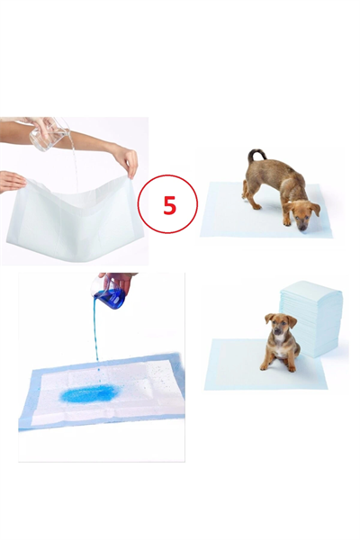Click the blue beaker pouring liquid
tap(111, 298)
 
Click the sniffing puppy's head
tap(302, 213)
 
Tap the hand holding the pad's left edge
tap(11, 181)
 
